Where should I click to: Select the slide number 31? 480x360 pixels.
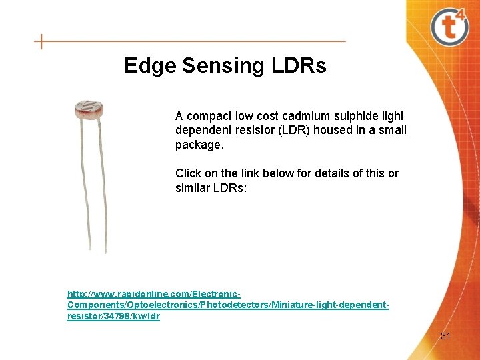445,336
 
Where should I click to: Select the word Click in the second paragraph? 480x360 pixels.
188,173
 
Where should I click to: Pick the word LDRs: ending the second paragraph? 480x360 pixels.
229,188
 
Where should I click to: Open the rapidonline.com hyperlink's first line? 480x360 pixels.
153,293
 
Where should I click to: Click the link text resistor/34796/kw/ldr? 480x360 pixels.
113,316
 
